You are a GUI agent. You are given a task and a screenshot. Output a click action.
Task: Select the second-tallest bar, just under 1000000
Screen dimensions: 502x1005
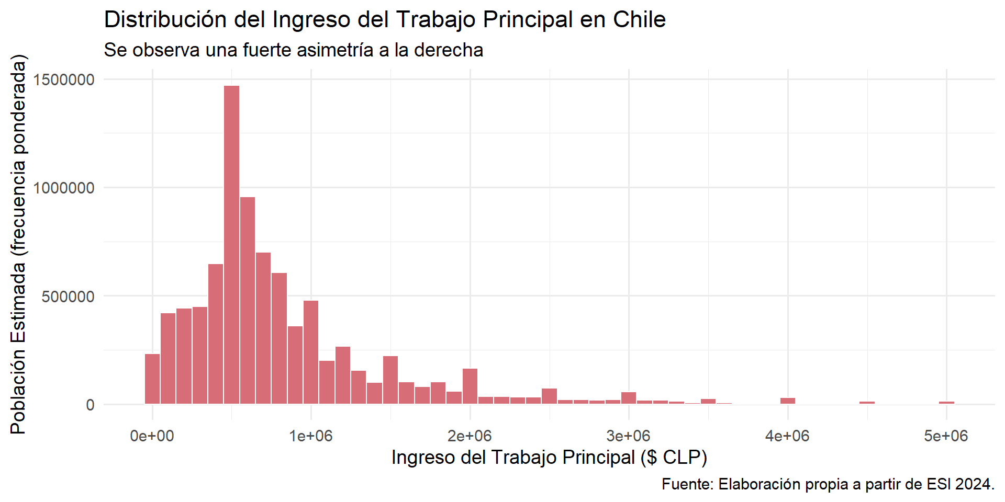(x=248, y=300)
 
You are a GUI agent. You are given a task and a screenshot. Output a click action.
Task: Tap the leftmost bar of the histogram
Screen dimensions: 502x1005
(x=152, y=379)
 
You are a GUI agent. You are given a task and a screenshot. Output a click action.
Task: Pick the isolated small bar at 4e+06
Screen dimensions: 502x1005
(x=787, y=401)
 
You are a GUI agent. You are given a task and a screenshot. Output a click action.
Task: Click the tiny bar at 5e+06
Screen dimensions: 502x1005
(x=946, y=403)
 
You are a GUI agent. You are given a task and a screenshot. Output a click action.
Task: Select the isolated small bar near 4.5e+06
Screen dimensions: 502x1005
(x=867, y=403)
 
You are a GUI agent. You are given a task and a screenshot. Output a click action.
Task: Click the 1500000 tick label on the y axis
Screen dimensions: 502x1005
(x=64, y=79)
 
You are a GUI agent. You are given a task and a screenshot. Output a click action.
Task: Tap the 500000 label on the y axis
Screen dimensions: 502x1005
(x=68, y=296)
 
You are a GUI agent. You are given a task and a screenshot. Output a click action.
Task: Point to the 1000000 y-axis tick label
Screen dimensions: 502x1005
(x=64, y=188)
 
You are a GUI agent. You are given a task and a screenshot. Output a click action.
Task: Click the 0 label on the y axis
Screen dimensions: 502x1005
(x=90, y=405)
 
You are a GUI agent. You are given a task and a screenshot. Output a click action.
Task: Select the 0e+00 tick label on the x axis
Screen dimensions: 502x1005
(x=152, y=436)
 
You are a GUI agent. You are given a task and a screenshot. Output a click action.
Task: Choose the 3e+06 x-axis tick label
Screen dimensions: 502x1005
(x=628, y=436)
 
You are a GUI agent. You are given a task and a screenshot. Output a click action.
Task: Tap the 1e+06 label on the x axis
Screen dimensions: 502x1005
(x=311, y=436)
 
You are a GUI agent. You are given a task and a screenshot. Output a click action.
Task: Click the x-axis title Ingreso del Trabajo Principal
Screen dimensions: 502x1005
(x=549, y=458)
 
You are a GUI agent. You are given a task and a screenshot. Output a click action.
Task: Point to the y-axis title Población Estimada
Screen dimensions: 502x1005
(x=18, y=244)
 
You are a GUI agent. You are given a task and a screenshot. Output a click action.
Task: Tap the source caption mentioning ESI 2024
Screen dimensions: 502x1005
(x=828, y=484)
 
